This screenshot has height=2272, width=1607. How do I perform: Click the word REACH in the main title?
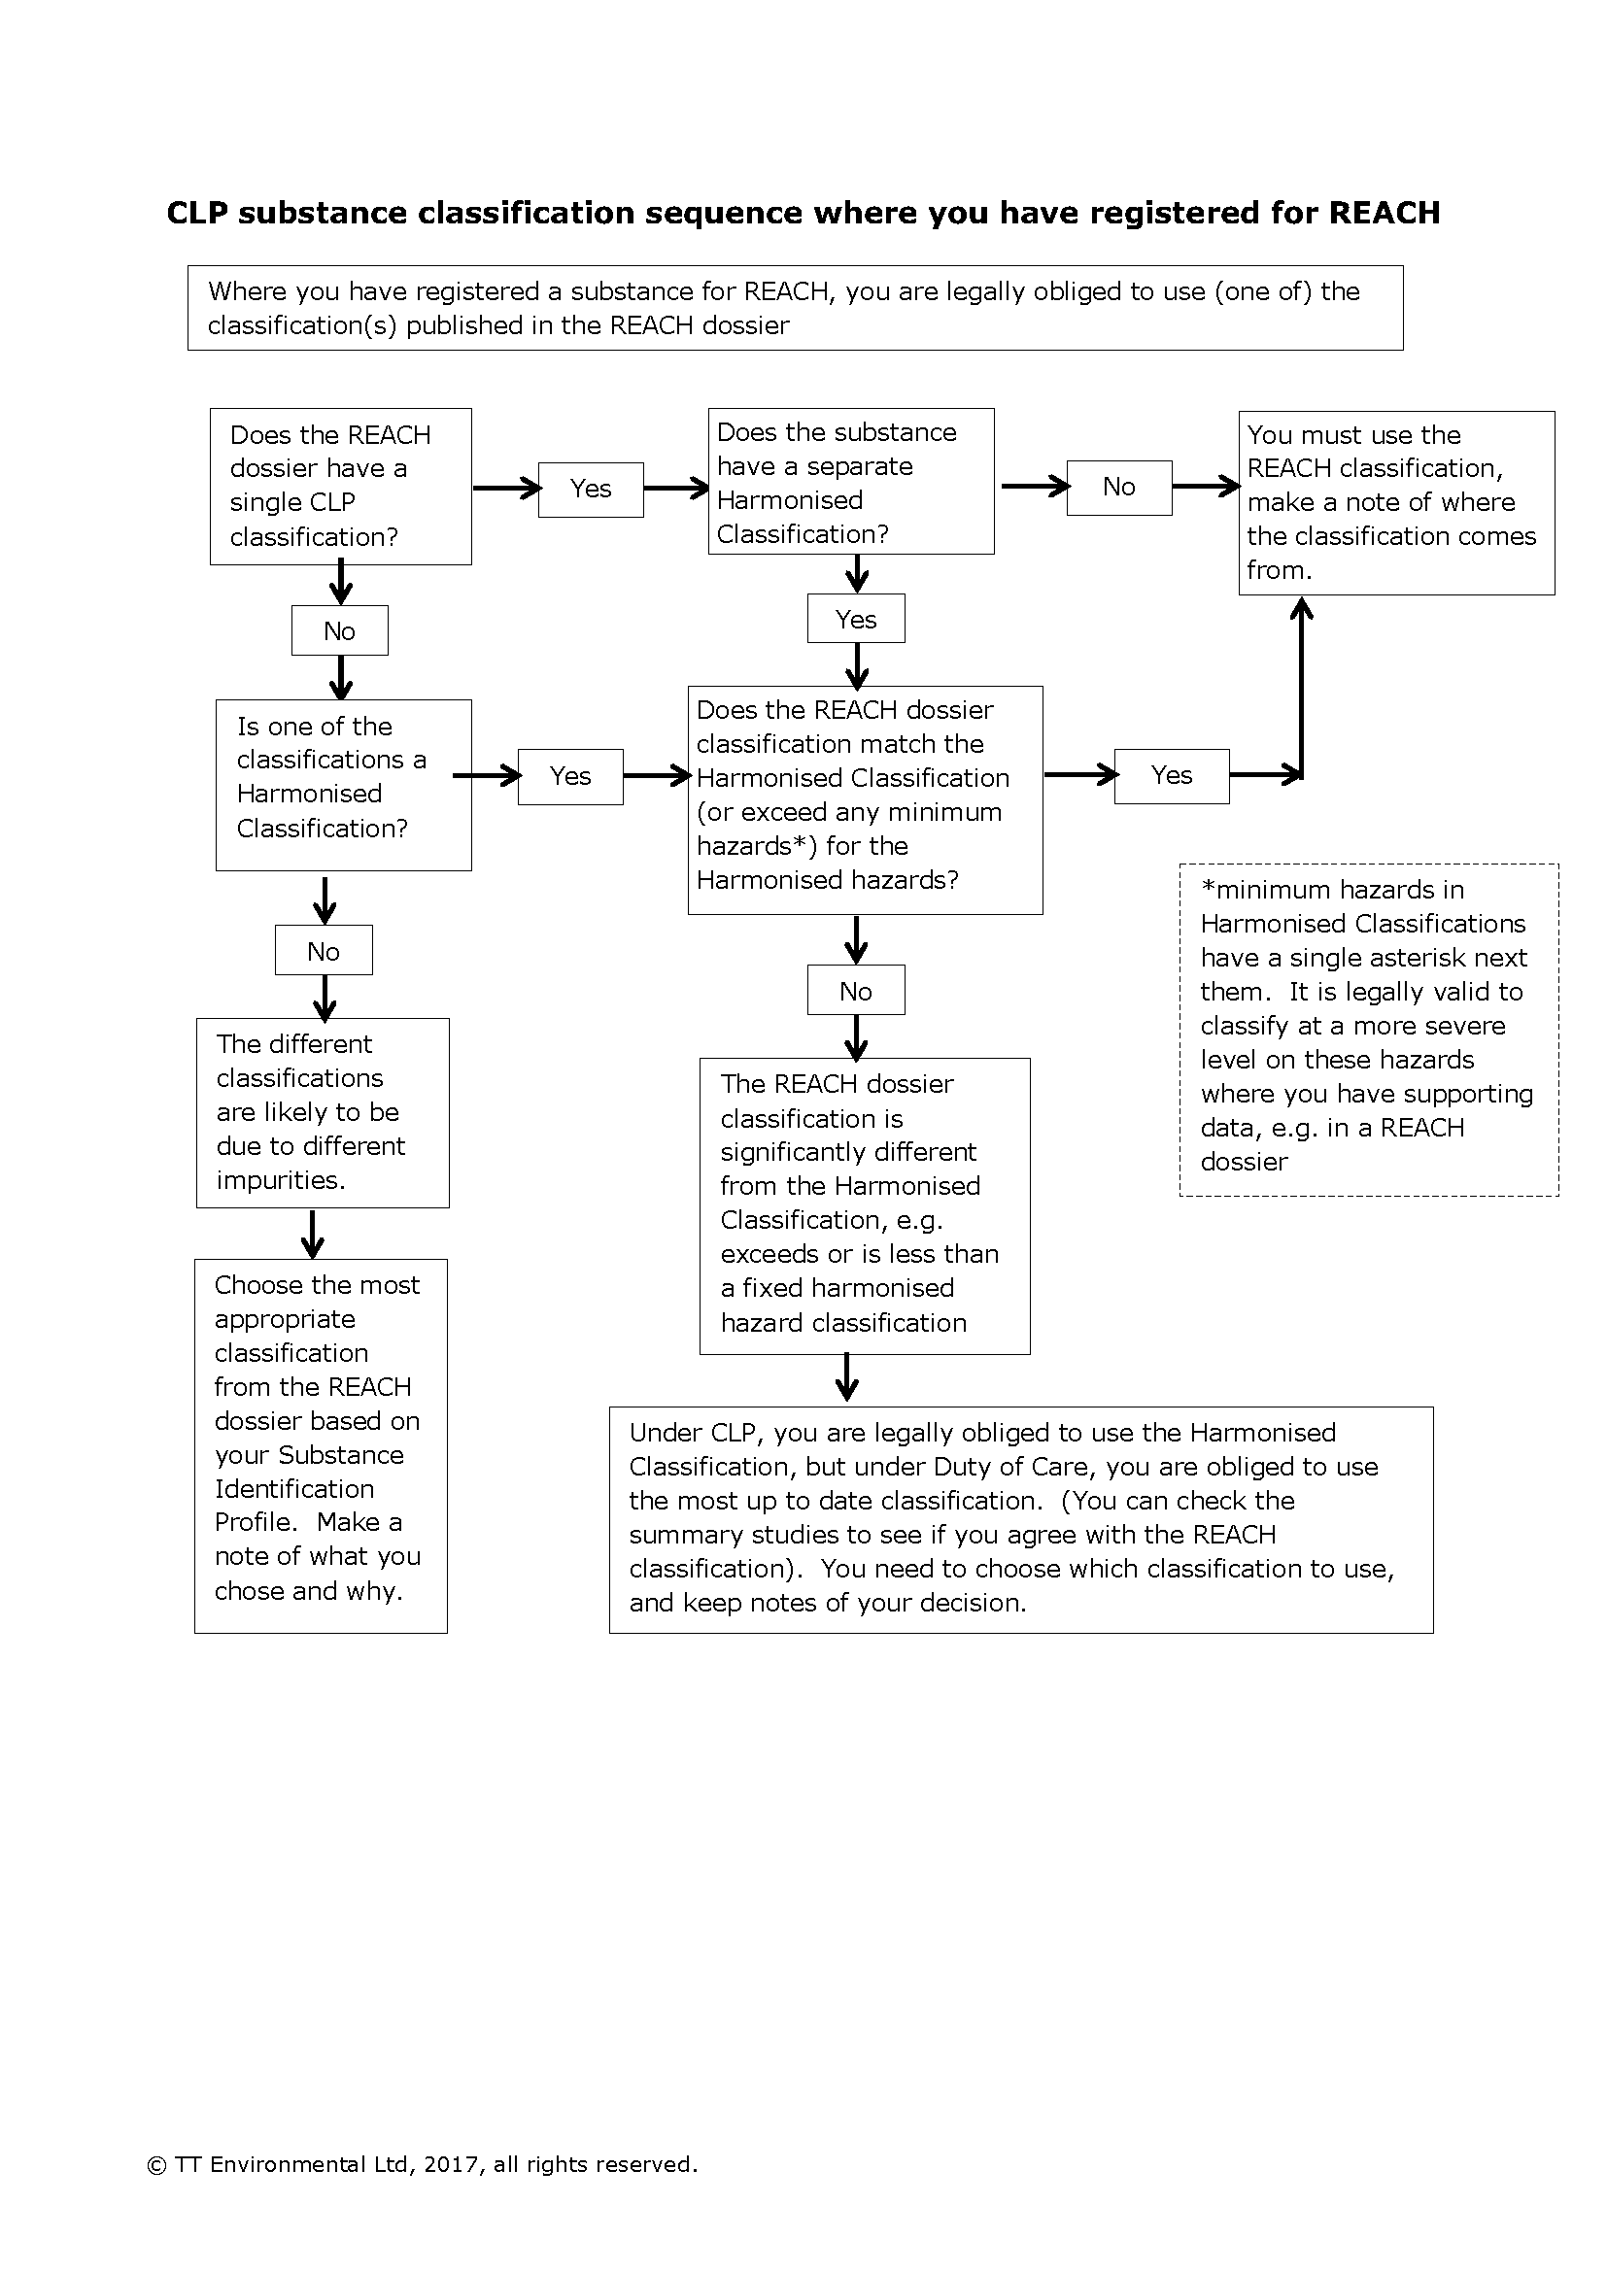coord(1384,213)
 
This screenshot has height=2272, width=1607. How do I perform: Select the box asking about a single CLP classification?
coord(340,486)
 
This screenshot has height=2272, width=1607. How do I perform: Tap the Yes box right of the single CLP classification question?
coord(591,489)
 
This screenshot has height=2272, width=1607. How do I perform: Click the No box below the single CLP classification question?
coord(339,630)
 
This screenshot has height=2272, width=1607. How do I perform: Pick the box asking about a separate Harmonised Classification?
coord(851,482)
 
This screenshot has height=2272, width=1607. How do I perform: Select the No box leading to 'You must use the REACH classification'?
coord(1119,487)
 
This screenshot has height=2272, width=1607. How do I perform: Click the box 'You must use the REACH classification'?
coord(1395,503)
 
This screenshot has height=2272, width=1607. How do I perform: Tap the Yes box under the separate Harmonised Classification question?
coord(856,619)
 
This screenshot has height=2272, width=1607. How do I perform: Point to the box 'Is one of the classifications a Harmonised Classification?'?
coord(343,785)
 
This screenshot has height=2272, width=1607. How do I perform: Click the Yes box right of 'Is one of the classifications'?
coord(570,776)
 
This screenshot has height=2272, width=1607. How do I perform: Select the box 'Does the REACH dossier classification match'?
coord(865,799)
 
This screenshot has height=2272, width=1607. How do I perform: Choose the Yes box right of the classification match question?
coord(1172,776)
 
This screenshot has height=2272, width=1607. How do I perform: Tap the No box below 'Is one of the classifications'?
coord(324,951)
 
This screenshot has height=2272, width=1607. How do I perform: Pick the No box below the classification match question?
coord(856,991)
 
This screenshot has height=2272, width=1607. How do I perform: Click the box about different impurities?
coord(323,1112)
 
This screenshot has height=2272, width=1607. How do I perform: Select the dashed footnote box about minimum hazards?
coord(1369,1029)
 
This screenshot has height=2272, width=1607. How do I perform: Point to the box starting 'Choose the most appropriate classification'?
coord(321,1445)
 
